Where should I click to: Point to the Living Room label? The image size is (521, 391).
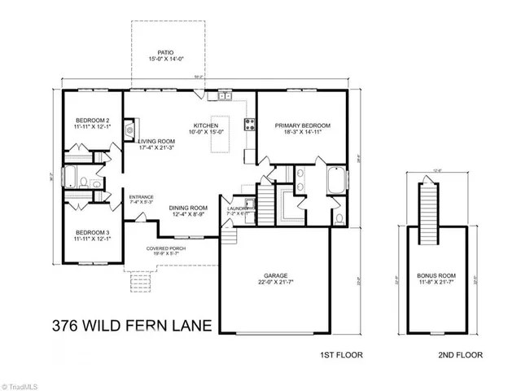click(156, 143)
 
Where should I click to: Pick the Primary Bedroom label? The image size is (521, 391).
click(302, 127)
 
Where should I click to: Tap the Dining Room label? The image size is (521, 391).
click(189, 209)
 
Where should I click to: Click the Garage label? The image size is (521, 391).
click(277, 278)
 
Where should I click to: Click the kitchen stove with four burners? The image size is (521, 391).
click(250, 125)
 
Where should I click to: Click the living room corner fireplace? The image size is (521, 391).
click(129, 128)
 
